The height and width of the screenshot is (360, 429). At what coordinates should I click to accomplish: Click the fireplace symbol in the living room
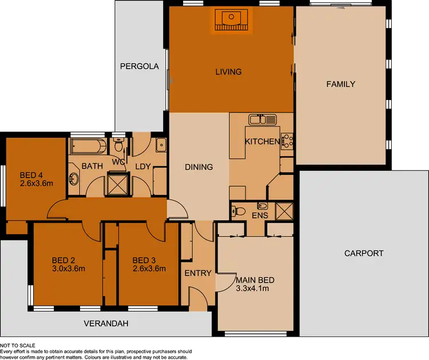tap(231, 20)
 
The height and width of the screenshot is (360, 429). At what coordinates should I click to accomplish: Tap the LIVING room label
tap(228, 72)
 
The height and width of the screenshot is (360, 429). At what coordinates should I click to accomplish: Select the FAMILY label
tap(341, 84)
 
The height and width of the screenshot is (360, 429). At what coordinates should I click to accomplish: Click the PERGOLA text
tap(139, 66)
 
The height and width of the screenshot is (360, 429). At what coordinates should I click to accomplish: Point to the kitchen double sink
tap(263, 119)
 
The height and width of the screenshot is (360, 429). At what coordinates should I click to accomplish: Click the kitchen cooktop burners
tap(287, 141)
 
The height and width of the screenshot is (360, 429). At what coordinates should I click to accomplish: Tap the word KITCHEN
tap(262, 141)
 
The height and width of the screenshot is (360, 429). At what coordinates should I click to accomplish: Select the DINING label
tap(199, 167)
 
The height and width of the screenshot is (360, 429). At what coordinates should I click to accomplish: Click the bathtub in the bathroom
tap(88, 146)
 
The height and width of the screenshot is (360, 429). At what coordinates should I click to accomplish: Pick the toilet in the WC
tap(119, 147)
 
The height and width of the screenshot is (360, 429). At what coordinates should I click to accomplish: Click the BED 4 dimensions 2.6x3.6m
tap(36, 183)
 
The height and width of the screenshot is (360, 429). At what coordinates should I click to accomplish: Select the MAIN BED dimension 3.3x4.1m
tap(252, 289)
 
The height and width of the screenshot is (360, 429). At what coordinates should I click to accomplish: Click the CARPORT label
tap(364, 253)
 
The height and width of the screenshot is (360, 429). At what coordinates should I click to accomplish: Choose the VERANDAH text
tap(106, 323)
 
